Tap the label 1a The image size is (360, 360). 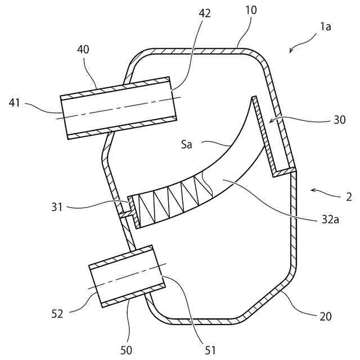pyautogui.click(x=326, y=27)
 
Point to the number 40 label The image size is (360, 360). pyautogui.click(x=83, y=50)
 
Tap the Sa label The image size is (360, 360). pyautogui.click(x=187, y=145)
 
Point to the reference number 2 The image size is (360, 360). pyautogui.click(x=349, y=197)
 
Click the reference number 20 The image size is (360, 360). pyautogui.click(x=326, y=316)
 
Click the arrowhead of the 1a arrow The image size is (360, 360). pyautogui.click(x=290, y=52)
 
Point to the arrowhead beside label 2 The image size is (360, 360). pyautogui.click(x=312, y=191)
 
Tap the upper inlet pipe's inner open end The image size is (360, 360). pyautogui.click(x=173, y=99)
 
